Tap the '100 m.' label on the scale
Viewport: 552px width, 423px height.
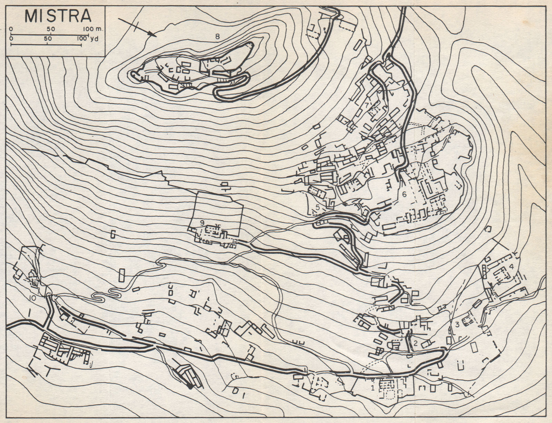tap(94, 29)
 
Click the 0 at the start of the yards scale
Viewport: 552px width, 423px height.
tap(12, 39)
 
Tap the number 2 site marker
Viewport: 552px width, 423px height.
tap(416, 343)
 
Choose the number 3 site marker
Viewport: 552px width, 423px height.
tap(457, 324)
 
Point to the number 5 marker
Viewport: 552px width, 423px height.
tap(317, 207)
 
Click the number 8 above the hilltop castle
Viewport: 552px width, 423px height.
tap(217, 35)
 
